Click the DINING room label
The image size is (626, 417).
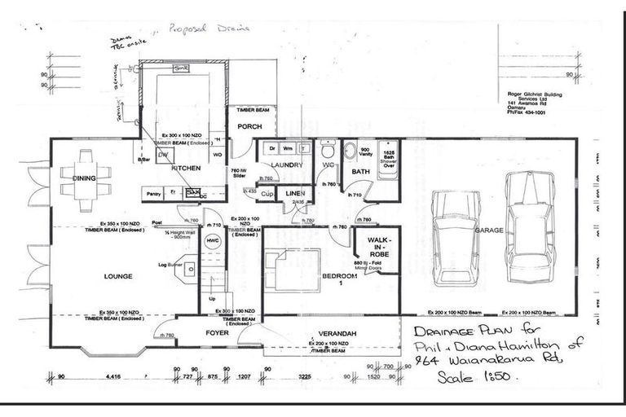[85, 178]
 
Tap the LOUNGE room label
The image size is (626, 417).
[117, 276]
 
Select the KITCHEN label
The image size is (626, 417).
[186, 168]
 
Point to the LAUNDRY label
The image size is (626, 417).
[286, 165]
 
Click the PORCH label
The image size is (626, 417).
[248, 126]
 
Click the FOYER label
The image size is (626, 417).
[217, 332]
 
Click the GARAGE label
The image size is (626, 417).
[488, 231]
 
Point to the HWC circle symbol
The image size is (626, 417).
[214, 242]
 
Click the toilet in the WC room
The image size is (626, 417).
[328, 151]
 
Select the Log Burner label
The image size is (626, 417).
[169, 265]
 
